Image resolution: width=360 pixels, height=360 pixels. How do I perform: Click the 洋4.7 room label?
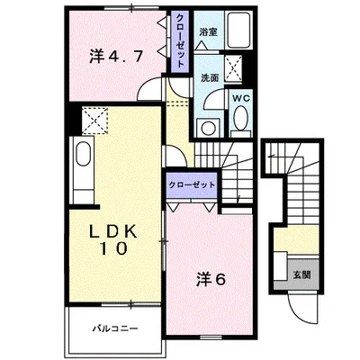point(115,56)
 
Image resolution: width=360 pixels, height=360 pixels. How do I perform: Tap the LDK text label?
point(114,231)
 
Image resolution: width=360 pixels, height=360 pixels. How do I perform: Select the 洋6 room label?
point(211,280)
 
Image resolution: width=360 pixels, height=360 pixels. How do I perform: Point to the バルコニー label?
point(115,328)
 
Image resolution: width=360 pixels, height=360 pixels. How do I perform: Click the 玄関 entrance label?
point(301,274)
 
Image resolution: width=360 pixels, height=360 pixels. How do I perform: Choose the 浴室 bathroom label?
point(209,32)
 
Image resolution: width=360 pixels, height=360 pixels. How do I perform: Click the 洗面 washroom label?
point(210,78)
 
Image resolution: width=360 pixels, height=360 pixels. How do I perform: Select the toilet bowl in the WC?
point(241,119)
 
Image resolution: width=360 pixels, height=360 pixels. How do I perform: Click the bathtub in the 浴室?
point(238,30)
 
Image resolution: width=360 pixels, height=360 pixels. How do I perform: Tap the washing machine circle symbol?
point(208,129)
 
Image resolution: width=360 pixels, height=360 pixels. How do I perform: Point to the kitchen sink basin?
point(83,154)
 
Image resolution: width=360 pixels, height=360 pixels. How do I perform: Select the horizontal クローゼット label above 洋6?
point(192,184)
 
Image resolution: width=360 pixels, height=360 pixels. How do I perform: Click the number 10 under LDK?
point(113,248)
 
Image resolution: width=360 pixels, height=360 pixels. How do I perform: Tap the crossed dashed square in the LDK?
point(94,121)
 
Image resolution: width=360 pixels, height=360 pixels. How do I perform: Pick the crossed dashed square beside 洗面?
point(233,68)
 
